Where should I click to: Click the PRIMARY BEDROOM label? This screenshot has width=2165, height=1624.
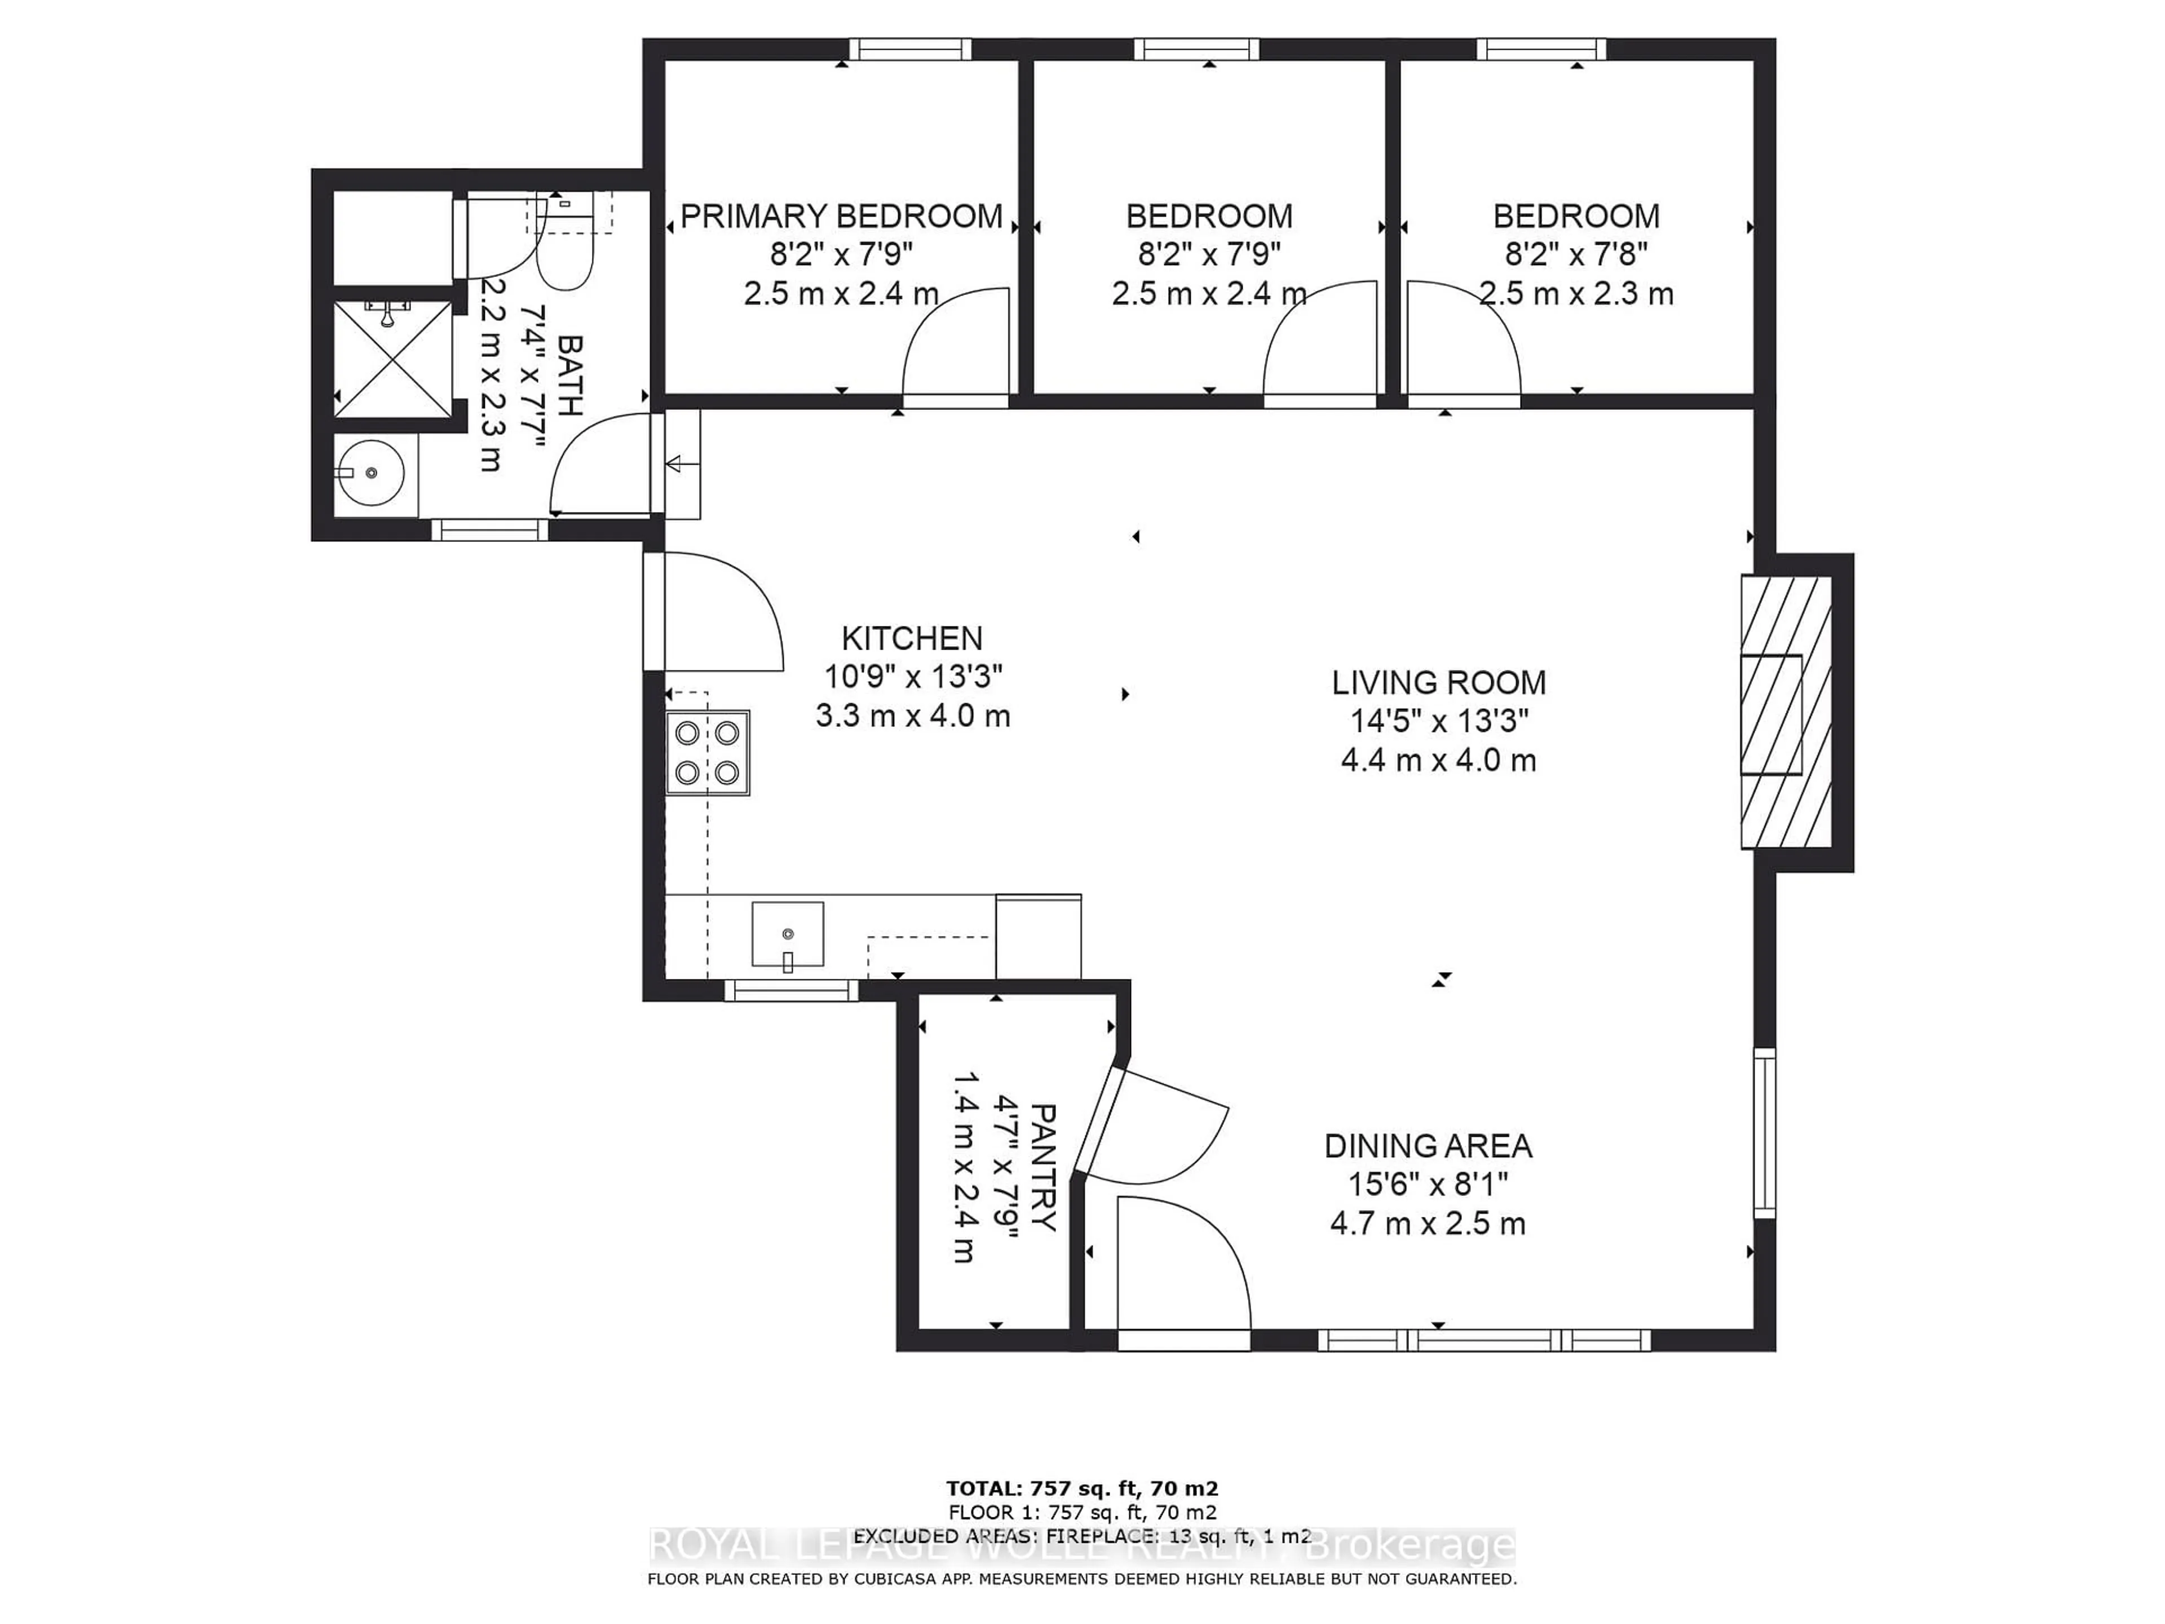click(x=841, y=215)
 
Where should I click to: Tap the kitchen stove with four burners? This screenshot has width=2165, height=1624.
click(x=706, y=752)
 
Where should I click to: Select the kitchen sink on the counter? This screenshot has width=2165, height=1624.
click(x=787, y=935)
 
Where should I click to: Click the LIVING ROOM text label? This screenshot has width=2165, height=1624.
click(x=1438, y=682)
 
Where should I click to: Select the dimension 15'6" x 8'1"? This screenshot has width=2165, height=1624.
click(x=1428, y=1185)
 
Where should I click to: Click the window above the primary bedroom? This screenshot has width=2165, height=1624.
click(x=909, y=49)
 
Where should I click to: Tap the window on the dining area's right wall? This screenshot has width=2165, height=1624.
click(x=1764, y=1133)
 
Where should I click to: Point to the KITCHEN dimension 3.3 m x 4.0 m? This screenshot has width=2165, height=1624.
click(x=912, y=716)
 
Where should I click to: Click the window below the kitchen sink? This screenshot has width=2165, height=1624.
click(x=791, y=991)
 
